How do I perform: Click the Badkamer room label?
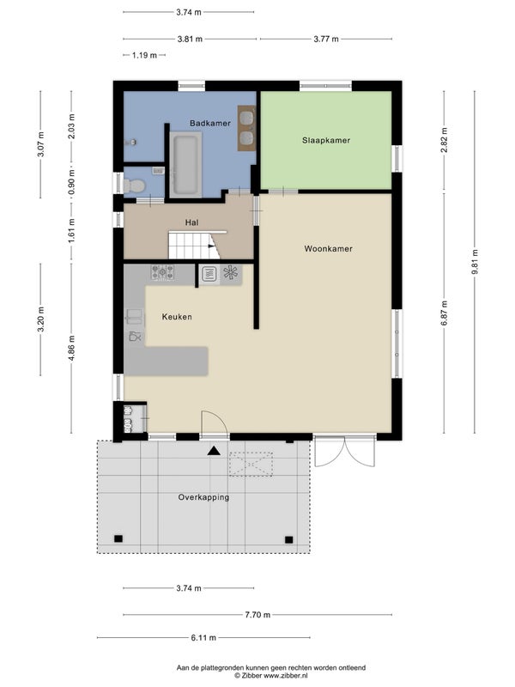[210, 123]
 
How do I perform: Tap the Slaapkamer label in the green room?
[326, 141]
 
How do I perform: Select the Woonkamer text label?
[329, 249]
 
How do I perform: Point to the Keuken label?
[177, 317]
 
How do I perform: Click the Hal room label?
[191, 222]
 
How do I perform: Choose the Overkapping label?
[203, 497]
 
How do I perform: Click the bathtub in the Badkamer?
[186, 165]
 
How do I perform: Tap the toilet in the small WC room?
[134, 185]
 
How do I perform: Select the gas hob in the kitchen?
[162, 272]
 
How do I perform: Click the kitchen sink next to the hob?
[209, 274]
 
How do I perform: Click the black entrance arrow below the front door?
[214, 451]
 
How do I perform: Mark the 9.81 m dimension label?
[475, 262]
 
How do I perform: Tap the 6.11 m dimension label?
[203, 637]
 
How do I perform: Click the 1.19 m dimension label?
[144, 55]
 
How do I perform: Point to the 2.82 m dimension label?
[444, 140]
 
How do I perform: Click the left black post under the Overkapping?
[118, 539]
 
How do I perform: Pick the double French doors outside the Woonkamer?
[345, 452]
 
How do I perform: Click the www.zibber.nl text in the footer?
[286, 676]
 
